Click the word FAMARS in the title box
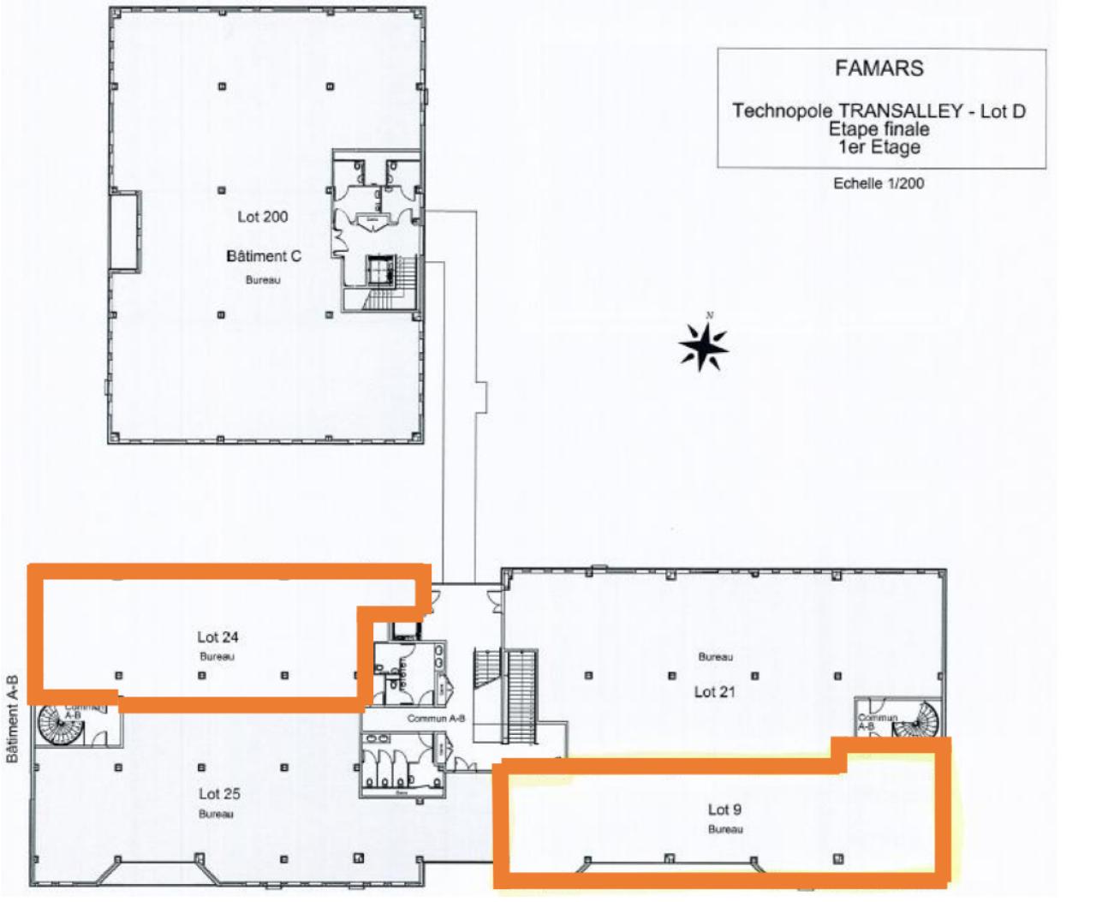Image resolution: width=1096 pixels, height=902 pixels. click(879, 69)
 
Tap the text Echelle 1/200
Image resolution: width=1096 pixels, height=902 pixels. click(879, 183)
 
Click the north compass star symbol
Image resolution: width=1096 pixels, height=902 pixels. click(703, 346)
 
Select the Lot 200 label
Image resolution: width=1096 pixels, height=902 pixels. click(263, 217)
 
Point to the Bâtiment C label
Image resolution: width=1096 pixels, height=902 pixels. click(264, 256)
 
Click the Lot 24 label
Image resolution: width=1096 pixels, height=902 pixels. click(217, 637)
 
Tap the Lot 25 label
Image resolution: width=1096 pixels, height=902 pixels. click(219, 794)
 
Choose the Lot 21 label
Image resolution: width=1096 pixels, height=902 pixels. click(714, 691)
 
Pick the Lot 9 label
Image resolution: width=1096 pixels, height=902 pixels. click(724, 809)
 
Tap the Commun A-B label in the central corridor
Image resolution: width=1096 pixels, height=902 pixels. click(436, 719)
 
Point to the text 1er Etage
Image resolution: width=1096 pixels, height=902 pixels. click(879, 147)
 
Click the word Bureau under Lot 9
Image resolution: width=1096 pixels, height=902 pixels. click(725, 829)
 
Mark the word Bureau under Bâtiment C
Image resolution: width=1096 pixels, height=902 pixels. click(263, 280)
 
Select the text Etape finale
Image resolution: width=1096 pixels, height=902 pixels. click(879, 129)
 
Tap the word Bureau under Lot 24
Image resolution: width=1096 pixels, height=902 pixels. click(217, 657)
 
